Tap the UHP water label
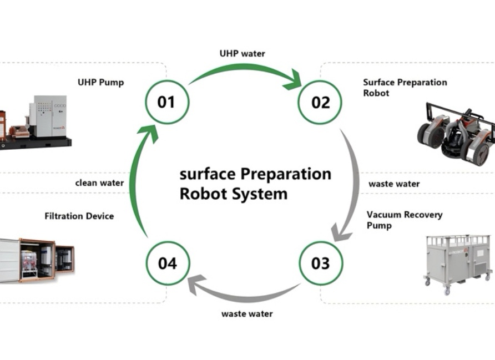pos(242,54)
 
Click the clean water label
pos(99,183)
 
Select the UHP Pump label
pos(100,83)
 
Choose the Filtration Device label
pos(79,216)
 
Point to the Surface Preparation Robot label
pos(405,88)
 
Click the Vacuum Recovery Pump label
pos(405,220)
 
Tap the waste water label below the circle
pos(247,314)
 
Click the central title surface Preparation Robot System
pos(255,184)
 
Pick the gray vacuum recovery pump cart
pos(458,265)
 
